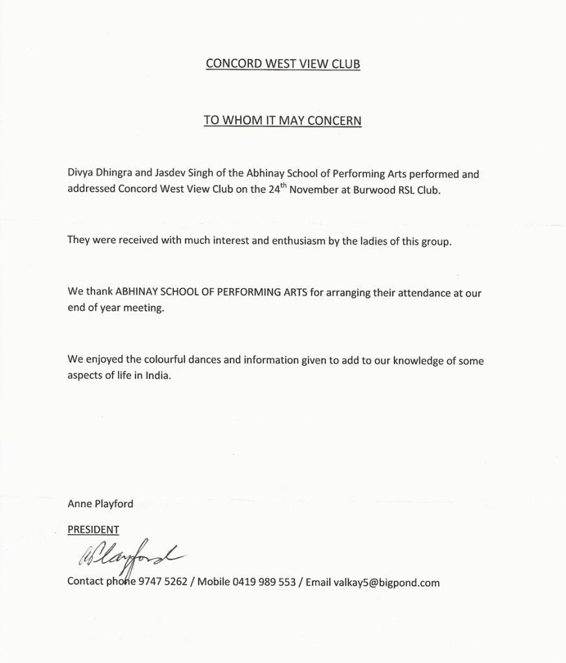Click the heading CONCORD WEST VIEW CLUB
click(283, 63)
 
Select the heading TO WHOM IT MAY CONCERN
click(283, 120)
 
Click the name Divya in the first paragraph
click(81, 175)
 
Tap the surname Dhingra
click(116, 175)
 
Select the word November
click(312, 191)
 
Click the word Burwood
click(374, 191)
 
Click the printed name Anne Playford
click(100, 503)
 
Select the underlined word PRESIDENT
click(93, 530)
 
